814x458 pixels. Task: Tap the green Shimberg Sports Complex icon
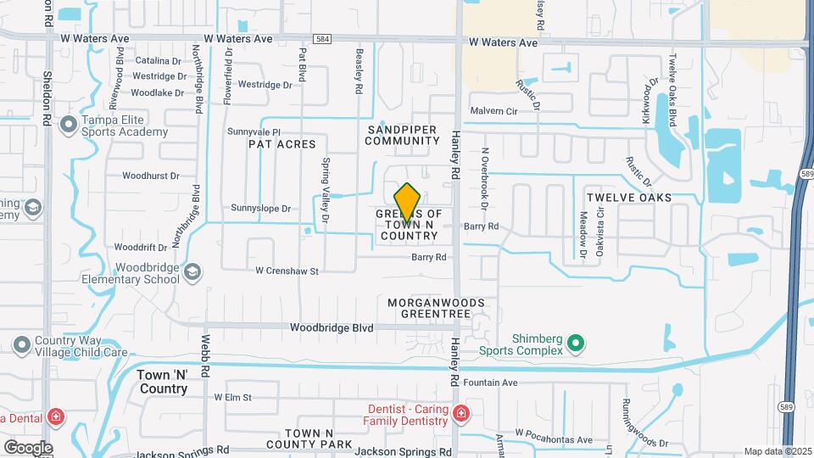[577, 343]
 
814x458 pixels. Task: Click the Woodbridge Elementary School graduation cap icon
[192, 271]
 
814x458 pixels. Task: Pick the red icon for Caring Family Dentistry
[460, 415]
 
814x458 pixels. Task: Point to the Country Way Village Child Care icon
[22, 345]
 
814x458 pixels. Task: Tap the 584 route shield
[321, 38]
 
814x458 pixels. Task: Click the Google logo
[27, 447]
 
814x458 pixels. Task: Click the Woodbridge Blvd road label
[332, 327]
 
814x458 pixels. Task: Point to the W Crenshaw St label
[287, 271]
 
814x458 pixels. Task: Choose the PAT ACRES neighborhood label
[282, 145]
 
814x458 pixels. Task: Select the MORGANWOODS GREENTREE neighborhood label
[436, 307]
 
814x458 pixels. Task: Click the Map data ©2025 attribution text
[776, 451]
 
